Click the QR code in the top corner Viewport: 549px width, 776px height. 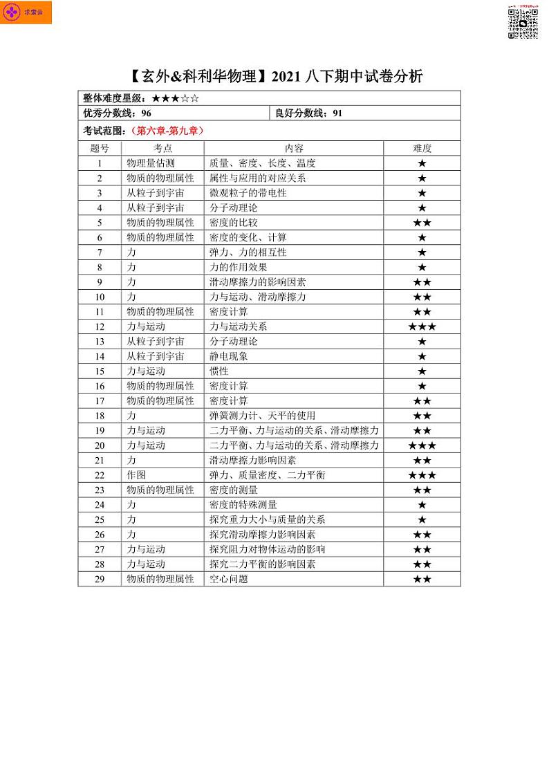[x=523, y=23]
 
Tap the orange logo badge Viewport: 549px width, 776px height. [x=26, y=13]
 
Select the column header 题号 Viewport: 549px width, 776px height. [x=100, y=148]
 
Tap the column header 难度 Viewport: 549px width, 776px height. [x=422, y=148]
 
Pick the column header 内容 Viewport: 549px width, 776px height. [x=294, y=148]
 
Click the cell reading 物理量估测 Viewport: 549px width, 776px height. [x=151, y=163]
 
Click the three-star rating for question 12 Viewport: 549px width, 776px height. [x=422, y=326]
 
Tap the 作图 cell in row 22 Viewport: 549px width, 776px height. [x=136, y=475]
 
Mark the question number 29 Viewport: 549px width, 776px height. [x=100, y=579]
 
